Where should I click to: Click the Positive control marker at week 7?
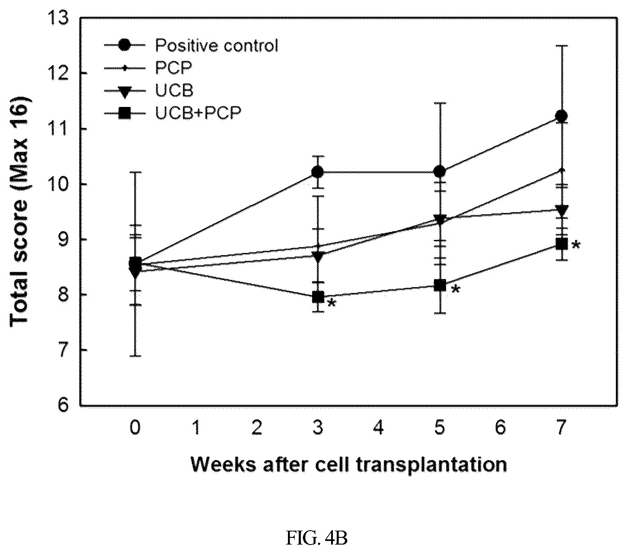click(561, 116)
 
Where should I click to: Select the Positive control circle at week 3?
click(318, 172)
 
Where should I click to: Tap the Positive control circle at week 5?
click(439, 172)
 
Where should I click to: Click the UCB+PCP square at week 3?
click(318, 297)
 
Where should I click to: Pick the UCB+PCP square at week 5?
click(440, 285)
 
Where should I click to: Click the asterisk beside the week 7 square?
click(576, 245)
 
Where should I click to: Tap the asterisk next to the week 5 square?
click(456, 290)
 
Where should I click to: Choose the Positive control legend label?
click(217, 45)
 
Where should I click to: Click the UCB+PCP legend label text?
click(198, 113)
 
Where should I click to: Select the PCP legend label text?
click(173, 67)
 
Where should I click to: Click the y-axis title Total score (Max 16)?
click(20, 213)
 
